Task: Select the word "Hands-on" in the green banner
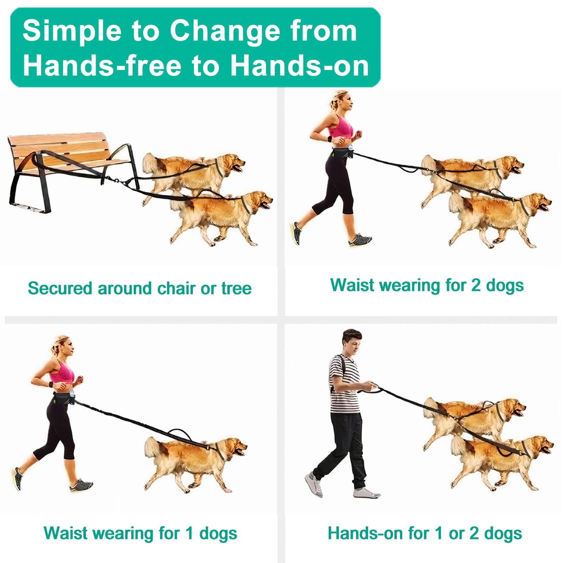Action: [x=299, y=66]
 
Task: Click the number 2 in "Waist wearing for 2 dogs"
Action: [x=476, y=285]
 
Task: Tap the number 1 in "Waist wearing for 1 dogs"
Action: [x=189, y=533]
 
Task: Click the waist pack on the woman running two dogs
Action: [x=341, y=153]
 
